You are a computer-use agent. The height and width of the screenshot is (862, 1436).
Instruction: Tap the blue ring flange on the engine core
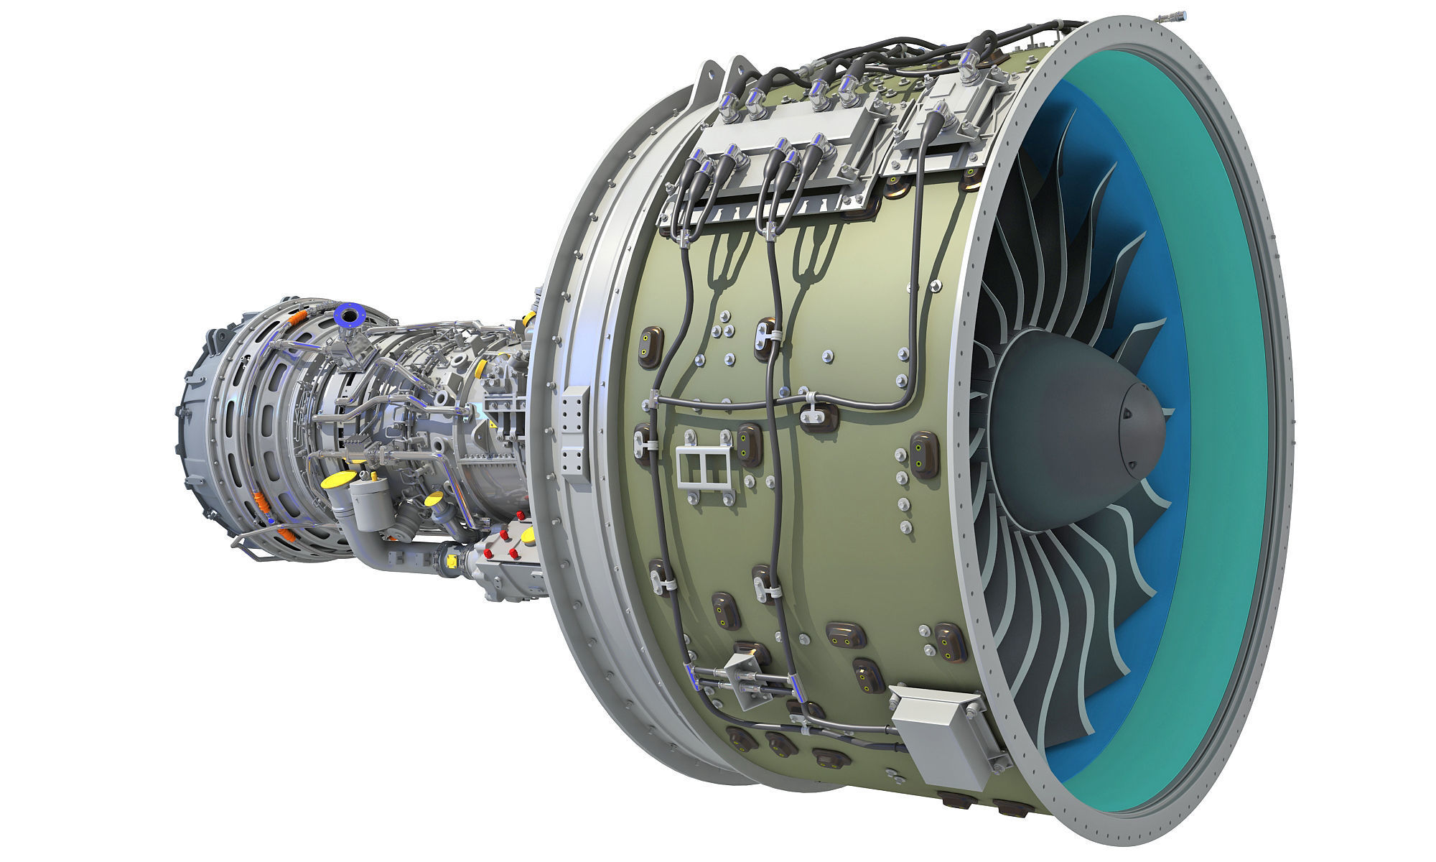[352, 315]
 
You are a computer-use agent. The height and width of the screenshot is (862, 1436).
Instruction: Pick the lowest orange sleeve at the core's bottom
[286, 533]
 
